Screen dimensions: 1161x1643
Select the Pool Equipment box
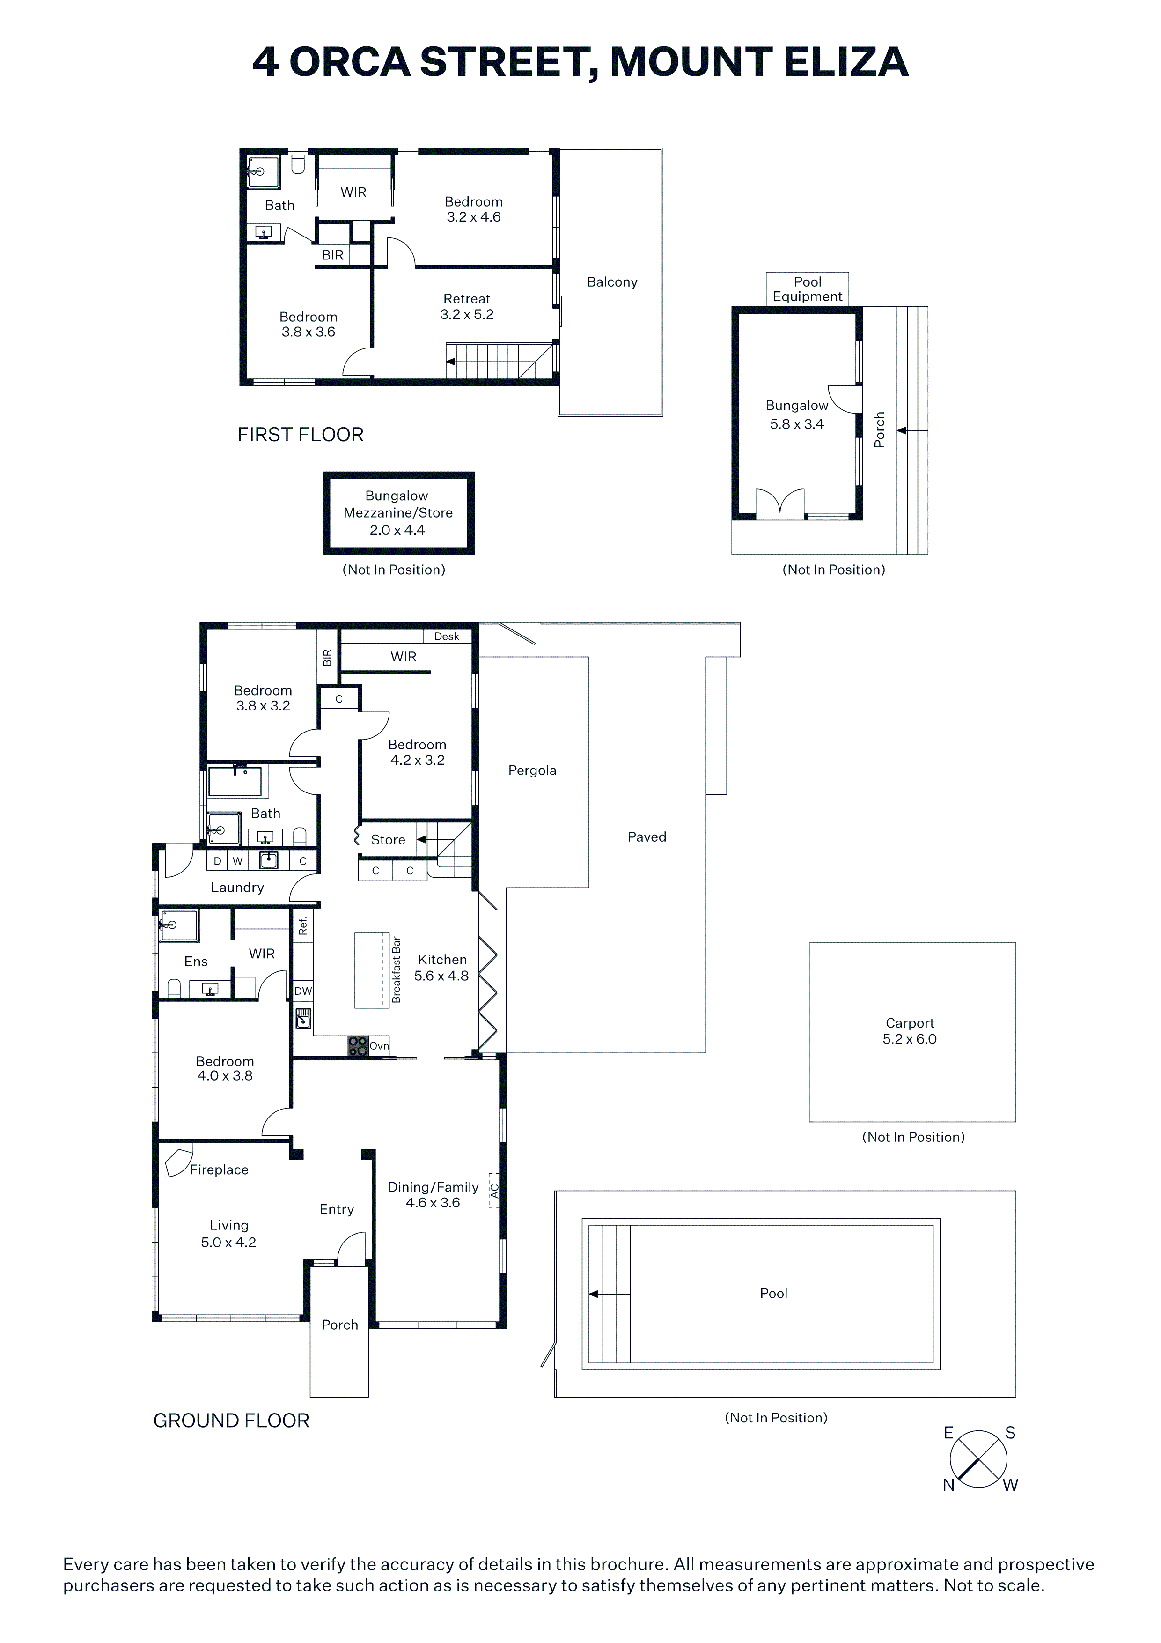click(x=808, y=289)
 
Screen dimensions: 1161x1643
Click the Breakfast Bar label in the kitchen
click(x=397, y=970)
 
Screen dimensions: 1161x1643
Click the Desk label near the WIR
click(x=447, y=636)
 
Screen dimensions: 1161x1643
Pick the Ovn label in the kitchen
click(x=379, y=1046)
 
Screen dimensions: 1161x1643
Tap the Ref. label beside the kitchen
click(x=302, y=925)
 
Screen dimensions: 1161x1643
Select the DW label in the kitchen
click(x=303, y=991)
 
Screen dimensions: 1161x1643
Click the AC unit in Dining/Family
click(x=493, y=1191)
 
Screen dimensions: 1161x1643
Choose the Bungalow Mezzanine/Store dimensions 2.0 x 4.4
click(x=397, y=530)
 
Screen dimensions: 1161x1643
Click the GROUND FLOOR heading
click(x=231, y=1421)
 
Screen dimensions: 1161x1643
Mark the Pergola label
click(x=532, y=770)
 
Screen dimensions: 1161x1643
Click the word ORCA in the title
click(x=350, y=62)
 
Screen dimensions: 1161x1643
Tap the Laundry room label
click(x=237, y=888)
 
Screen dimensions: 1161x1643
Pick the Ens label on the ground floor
click(x=196, y=962)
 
